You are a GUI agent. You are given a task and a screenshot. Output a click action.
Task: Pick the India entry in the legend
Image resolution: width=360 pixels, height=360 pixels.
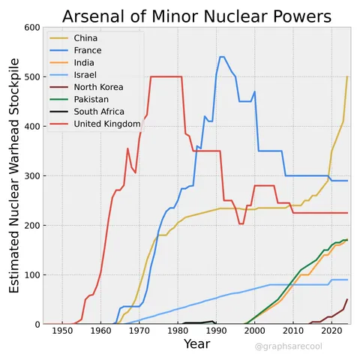(x=85, y=63)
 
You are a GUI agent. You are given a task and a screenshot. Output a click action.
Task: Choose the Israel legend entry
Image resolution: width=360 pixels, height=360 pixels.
(x=85, y=75)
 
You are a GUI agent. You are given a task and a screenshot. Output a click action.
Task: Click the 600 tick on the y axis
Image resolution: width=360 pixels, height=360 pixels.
(x=31, y=28)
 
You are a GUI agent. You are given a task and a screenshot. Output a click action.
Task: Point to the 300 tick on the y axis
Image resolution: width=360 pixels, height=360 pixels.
(x=31, y=176)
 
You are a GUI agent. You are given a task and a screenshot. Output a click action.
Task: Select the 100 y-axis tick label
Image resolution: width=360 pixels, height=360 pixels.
(x=31, y=275)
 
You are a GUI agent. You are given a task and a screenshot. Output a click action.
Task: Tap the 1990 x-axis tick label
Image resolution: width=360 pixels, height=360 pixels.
(x=216, y=331)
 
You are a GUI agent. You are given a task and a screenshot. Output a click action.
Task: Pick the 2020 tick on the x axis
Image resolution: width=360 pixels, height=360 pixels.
(x=331, y=331)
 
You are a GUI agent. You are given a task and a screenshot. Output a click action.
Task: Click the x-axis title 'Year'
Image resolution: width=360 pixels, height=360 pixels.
(x=196, y=345)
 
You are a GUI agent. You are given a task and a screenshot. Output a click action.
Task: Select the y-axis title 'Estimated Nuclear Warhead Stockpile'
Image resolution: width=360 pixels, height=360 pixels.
(x=14, y=176)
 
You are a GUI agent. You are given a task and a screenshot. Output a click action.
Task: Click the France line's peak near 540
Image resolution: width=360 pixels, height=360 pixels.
(x=221, y=57)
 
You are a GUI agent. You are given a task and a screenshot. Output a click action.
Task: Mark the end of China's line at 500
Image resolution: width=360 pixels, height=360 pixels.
(x=347, y=76)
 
